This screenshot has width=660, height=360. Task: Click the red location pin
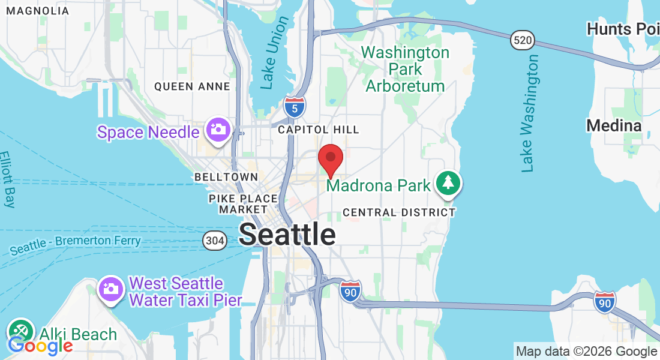click(x=330, y=158)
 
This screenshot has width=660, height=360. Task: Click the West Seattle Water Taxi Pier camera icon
click(x=110, y=289)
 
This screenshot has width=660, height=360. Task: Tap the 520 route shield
click(x=522, y=40)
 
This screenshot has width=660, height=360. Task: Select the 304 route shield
click(x=215, y=239)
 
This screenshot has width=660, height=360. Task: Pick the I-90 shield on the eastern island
click(x=605, y=302)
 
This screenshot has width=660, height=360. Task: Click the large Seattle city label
click(x=287, y=235)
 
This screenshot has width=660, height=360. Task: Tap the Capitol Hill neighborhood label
click(x=319, y=130)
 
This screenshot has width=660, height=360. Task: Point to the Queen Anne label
click(x=192, y=86)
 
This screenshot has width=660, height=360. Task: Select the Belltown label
click(x=226, y=177)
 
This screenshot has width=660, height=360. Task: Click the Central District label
click(x=399, y=212)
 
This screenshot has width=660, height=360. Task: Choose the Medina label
click(x=614, y=125)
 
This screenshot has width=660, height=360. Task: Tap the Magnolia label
click(x=37, y=11)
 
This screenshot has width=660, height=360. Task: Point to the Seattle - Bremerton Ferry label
click(x=75, y=242)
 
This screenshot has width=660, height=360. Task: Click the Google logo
click(x=40, y=346)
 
